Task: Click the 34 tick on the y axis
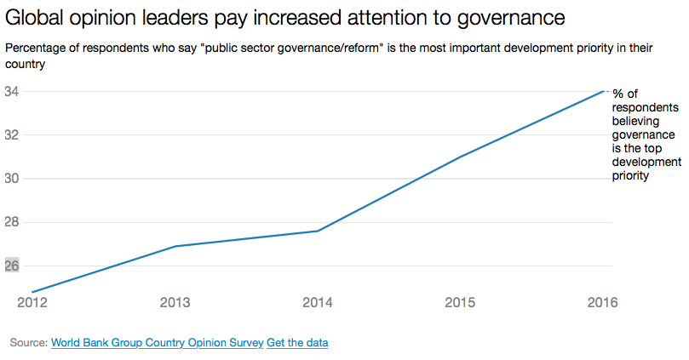[x=11, y=92]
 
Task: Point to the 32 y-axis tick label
[x=11, y=135]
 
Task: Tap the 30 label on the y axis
[x=11, y=179]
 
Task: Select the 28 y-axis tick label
[x=11, y=222]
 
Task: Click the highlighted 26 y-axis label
[x=11, y=266]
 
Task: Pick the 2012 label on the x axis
[x=32, y=302]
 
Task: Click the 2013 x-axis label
[x=175, y=302]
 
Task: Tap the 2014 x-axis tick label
[x=318, y=302]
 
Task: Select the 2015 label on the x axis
[x=460, y=302]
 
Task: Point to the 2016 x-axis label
[x=602, y=302]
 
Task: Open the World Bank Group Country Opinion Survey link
[x=158, y=343]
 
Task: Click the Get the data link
[x=297, y=343]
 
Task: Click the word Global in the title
[x=34, y=18]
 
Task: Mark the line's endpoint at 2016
[x=603, y=91]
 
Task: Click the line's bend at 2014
[x=318, y=231]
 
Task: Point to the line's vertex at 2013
[x=175, y=246]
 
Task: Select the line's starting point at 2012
[x=32, y=292]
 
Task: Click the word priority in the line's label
[x=630, y=176]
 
